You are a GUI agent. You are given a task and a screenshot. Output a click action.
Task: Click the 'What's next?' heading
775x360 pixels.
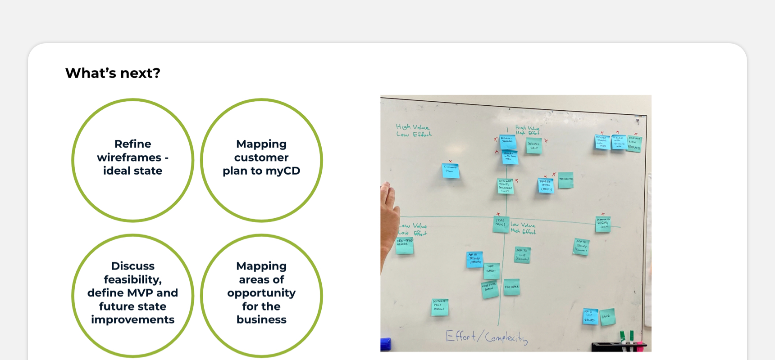click(113, 73)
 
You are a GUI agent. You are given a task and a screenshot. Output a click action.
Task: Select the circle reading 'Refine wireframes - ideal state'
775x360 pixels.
click(132, 160)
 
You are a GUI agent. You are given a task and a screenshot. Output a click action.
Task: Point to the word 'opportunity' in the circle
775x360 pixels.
click(261, 293)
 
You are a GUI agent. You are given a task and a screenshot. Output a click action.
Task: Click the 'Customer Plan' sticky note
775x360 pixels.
click(450, 171)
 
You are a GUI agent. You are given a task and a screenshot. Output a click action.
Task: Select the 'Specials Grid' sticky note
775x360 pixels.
click(534, 146)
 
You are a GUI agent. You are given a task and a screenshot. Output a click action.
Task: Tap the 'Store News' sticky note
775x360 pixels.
click(501, 224)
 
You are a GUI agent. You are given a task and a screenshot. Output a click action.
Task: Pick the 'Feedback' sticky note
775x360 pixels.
click(511, 287)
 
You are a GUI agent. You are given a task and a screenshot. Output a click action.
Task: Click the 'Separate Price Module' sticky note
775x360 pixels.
click(439, 307)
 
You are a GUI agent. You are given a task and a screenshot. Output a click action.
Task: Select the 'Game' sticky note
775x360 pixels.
click(607, 316)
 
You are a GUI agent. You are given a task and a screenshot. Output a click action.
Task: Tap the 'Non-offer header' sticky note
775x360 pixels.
click(405, 246)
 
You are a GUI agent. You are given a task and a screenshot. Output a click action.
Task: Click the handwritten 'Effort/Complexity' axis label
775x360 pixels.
click(486, 337)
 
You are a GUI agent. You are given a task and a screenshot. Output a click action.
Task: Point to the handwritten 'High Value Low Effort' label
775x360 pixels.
click(413, 130)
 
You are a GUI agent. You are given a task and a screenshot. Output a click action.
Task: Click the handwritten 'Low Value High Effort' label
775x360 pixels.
click(523, 228)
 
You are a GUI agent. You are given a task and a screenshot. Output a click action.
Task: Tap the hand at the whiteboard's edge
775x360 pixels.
click(389, 216)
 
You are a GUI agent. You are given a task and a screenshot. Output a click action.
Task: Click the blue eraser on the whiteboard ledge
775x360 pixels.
click(386, 344)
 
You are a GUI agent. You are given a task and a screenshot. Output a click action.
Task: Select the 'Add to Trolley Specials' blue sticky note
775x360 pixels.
click(474, 260)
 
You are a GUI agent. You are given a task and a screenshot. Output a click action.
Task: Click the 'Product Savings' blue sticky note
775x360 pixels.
click(507, 141)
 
